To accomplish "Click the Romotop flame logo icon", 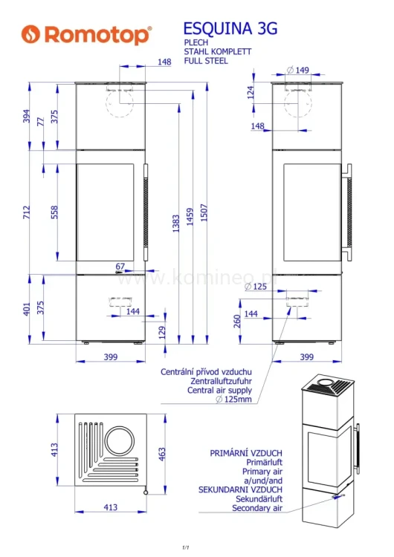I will pos(30,34).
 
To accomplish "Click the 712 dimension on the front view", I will pos(27,212).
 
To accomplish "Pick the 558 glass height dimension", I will pos(54,212).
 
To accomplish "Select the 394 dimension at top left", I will pos(27,116).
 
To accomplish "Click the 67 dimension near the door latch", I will pos(120,266).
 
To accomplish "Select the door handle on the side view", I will pos(346,212).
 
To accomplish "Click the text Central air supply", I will pos(219,390).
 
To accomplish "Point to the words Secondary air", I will pos(256,508).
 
